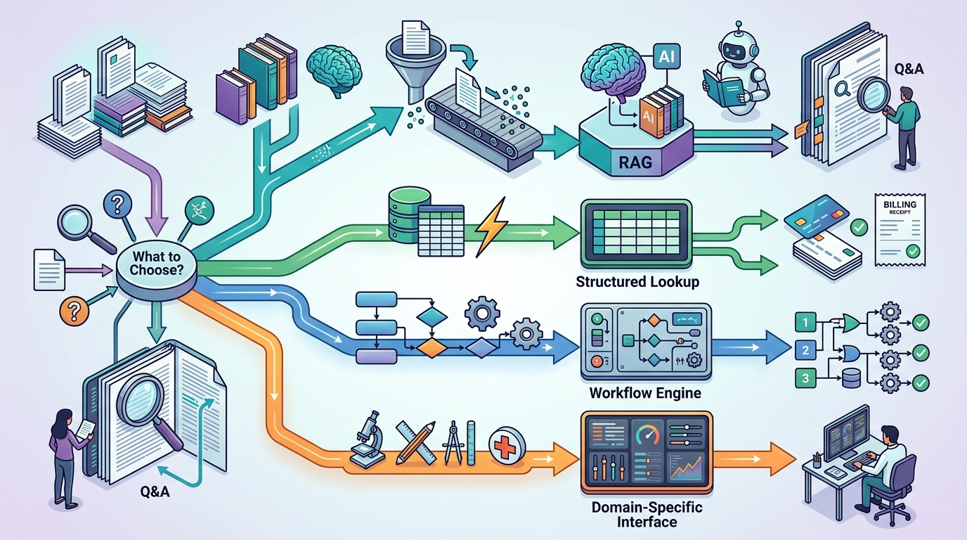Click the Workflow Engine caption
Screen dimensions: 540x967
(x=645, y=392)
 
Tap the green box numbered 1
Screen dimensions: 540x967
(x=805, y=323)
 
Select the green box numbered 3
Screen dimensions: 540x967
(x=805, y=378)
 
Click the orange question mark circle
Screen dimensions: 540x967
(x=72, y=310)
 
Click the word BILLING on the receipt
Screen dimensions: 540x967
(x=900, y=203)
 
